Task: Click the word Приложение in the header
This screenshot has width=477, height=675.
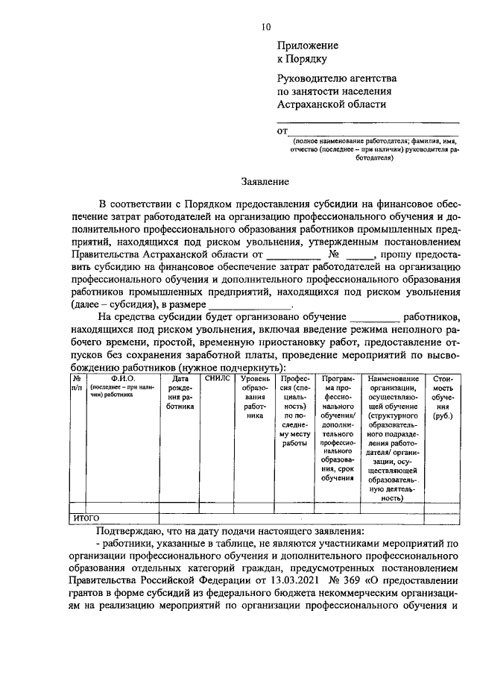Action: coord(308,45)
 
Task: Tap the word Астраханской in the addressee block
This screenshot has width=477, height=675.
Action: coord(312,105)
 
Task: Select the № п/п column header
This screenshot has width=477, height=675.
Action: coord(76,384)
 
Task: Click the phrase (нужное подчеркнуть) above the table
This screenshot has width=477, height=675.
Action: coord(241,368)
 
